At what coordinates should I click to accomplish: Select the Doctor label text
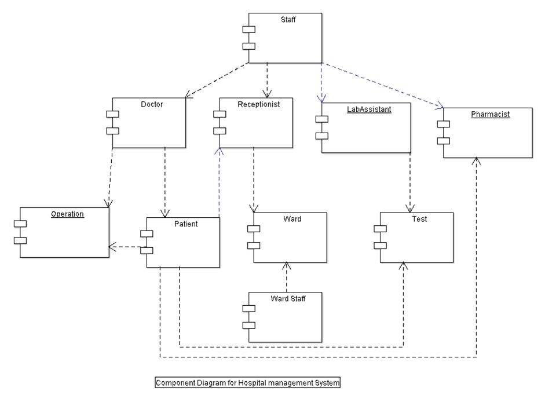tap(152, 105)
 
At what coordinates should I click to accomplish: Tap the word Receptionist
tap(258, 105)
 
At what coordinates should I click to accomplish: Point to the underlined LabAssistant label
tap(369, 109)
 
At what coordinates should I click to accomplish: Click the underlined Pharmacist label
tap(490, 115)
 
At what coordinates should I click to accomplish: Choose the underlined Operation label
tap(67, 214)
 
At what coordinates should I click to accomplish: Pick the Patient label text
tap(186, 224)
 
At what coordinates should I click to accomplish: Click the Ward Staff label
tap(288, 299)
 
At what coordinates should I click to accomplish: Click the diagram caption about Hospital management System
tap(247, 383)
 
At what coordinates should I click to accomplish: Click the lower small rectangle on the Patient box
tap(147, 250)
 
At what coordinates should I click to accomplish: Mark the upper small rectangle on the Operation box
tap(20, 224)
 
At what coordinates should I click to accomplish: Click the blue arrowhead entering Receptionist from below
tap(219, 151)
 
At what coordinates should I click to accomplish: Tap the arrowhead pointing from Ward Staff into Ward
tap(286, 266)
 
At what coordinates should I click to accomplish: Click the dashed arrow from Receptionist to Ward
tap(254, 180)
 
